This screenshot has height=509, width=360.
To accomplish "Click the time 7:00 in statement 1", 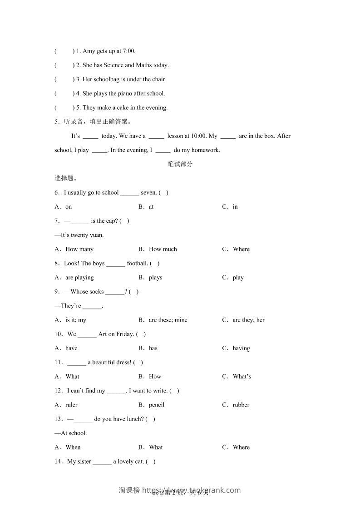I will pyautogui.click(x=129, y=51).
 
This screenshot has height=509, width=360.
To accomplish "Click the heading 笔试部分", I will pyautogui.click(x=180, y=164).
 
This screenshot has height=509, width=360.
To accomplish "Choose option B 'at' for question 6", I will pyautogui.click(x=151, y=206).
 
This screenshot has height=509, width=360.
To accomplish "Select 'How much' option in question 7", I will pyautogui.click(x=163, y=249).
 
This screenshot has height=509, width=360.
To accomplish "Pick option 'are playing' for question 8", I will pyautogui.click(x=79, y=277).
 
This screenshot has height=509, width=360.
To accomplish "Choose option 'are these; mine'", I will pyautogui.click(x=168, y=320).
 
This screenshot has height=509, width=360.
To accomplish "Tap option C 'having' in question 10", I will pyautogui.click(x=241, y=348).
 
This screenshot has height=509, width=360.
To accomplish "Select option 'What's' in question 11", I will pyautogui.click(x=242, y=377).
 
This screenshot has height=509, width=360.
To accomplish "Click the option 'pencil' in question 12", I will pyautogui.click(x=157, y=405).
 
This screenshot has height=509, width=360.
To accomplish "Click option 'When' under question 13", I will pyautogui.click(x=73, y=447).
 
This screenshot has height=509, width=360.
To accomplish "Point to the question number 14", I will pyautogui.click(x=58, y=461).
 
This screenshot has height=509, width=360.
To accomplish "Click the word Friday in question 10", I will pyautogui.click(x=125, y=334).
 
